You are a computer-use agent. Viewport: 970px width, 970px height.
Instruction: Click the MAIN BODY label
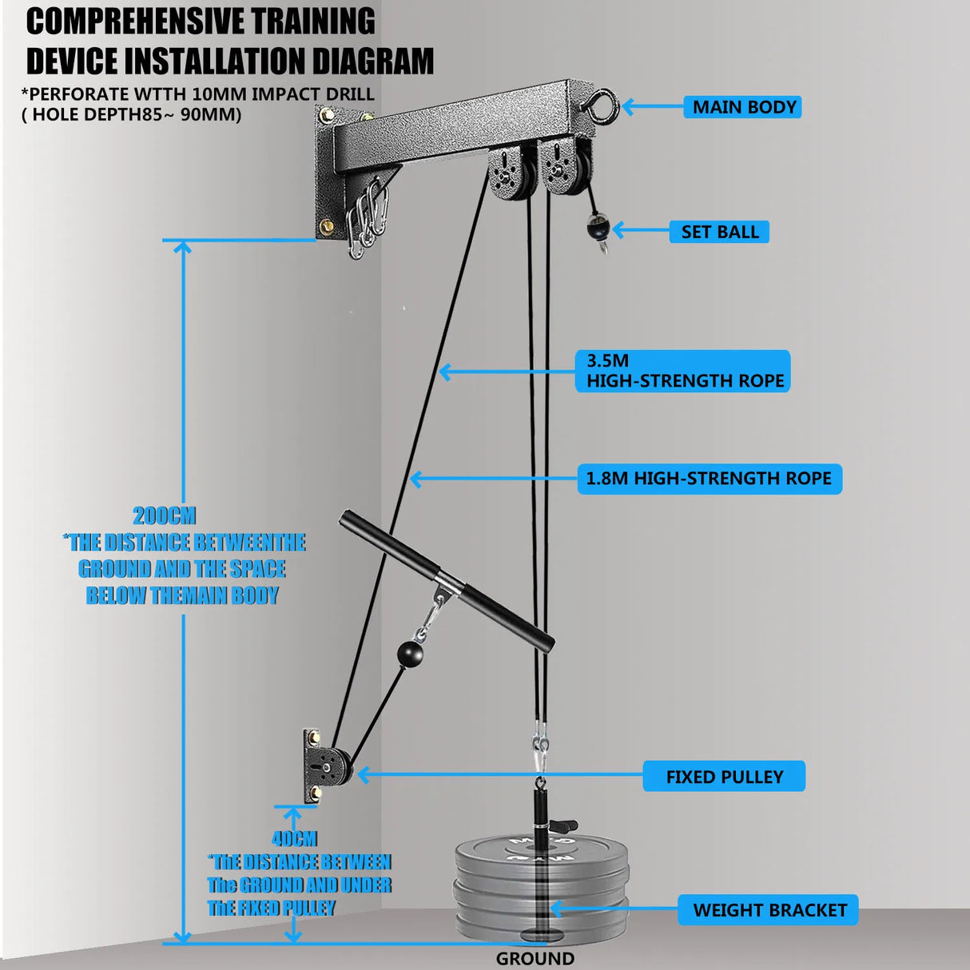tap(743, 107)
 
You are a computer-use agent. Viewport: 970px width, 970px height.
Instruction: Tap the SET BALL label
tap(719, 232)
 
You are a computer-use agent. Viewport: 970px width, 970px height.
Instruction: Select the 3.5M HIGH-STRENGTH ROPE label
tap(684, 371)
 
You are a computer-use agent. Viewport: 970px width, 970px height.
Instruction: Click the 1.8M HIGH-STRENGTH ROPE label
tap(709, 479)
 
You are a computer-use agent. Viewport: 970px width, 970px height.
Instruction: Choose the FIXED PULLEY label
tap(724, 777)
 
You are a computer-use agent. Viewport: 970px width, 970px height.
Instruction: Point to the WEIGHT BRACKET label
tap(769, 910)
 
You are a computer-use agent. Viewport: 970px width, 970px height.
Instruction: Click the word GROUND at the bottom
tap(535, 958)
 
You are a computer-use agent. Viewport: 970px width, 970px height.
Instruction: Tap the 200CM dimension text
tap(164, 516)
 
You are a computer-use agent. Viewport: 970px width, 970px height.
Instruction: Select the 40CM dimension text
tap(294, 839)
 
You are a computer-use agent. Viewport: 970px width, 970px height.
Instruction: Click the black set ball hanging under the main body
tap(596, 230)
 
